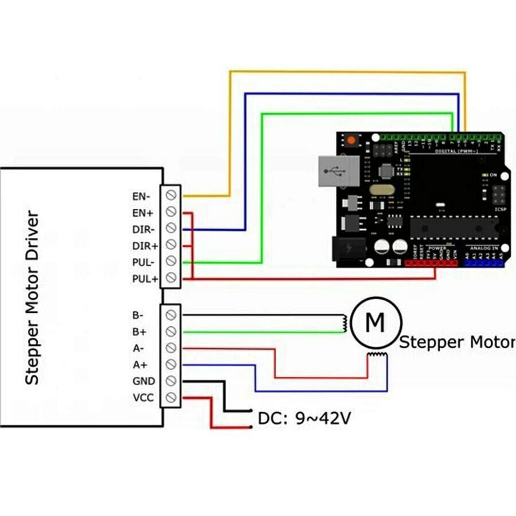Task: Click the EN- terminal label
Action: click(x=142, y=196)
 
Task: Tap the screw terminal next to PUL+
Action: click(x=171, y=278)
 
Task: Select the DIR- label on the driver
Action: click(x=142, y=229)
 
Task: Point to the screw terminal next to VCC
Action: click(x=171, y=397)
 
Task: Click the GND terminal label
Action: click(x=143, y=381)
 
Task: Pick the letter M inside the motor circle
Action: click(x=375, y=323)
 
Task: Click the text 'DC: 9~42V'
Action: click(x=304, y=419)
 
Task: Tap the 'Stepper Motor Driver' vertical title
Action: click(x=33, y=298)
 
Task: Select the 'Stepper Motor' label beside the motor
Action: click(x=456, y=342)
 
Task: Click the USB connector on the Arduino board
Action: click(x=338, y=171)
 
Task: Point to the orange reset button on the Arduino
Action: click(x=350, y=140)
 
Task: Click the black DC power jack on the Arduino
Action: click(x=349, y=249)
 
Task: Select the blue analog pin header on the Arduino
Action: click(x=483, y=263)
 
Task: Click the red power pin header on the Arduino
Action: click(x=431, y=263)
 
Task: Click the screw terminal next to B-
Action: click(x=171, y=315)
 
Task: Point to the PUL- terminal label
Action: click(x=142, y=262)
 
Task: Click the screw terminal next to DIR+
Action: click(x=171, y=245)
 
